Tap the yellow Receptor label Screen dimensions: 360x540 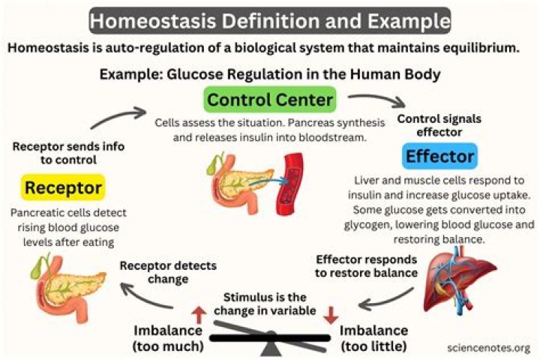(62, 187)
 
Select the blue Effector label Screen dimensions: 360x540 (439, 157)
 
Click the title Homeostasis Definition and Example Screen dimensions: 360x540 (270, 20)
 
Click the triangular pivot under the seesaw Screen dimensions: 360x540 (268, 349)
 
